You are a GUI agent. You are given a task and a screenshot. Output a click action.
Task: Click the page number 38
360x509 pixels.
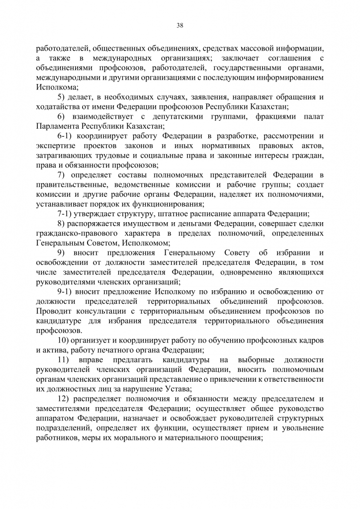click(x=180, y=26)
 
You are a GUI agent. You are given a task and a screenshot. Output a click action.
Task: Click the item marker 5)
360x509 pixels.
click(x=62, y=96)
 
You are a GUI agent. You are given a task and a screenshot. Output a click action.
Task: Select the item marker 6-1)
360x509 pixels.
click(x=65, y=135)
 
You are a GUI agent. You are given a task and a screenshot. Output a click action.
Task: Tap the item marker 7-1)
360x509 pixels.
click(x=65, y=214)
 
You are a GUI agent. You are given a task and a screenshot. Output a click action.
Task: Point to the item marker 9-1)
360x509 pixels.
click(x=65, y=291)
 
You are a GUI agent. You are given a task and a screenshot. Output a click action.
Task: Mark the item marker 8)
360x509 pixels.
click(x=62, y=224)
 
